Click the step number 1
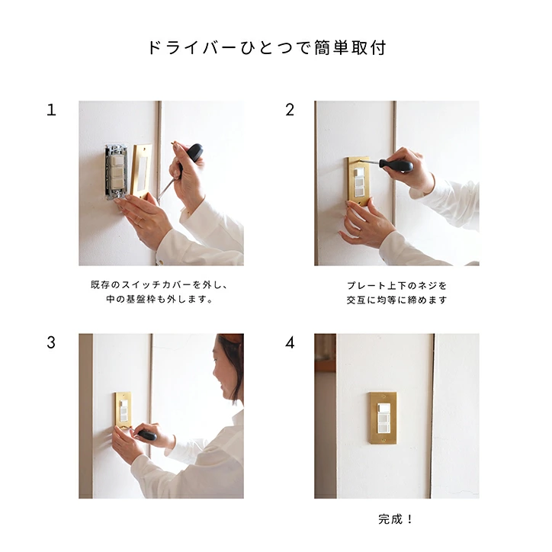51,110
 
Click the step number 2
290,110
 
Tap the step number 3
51,342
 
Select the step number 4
290,342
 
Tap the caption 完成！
396,519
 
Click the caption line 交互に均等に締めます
396,300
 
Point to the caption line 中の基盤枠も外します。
159,299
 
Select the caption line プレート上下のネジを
396,285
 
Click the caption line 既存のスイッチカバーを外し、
160,284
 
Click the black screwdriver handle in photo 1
193,154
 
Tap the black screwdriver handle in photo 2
396,165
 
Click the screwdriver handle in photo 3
147,435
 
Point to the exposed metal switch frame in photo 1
117,172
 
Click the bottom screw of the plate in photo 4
384,440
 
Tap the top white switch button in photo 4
383,409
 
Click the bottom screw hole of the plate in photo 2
359,204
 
